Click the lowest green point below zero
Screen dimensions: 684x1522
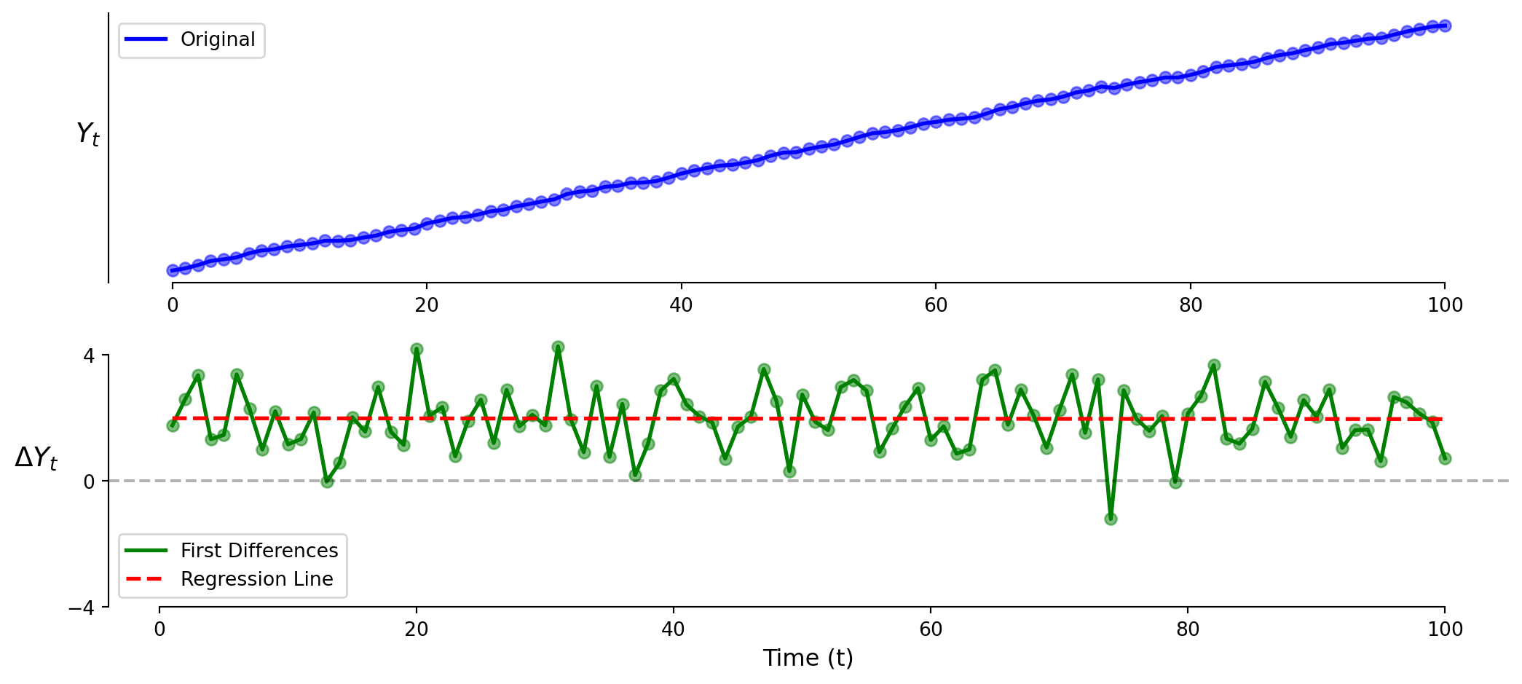click(1111, 519)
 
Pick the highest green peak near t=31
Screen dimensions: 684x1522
click(558, 347)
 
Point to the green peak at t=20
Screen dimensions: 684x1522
click(417, 350)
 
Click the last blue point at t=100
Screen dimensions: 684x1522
click(1445, 26)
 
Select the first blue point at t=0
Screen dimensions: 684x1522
click(173, 270)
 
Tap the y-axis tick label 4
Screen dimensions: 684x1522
click(89, 355)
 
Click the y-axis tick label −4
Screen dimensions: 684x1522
click(82, 608)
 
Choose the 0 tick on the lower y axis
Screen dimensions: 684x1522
click(89, 481)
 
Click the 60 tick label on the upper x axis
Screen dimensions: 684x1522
click(936, 305)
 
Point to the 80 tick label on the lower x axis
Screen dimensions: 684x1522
click(1188, 629)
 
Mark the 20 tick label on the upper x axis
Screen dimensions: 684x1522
click(427, 305)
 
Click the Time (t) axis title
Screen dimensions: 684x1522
click(808, 659)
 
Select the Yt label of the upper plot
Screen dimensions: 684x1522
click(88, 134)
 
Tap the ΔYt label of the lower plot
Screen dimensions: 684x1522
click(36, 458)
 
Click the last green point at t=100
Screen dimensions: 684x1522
click(1445, 458)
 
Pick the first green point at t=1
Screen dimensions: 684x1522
click(173, 425)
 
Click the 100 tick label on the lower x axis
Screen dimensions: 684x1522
click(1445, 629)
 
